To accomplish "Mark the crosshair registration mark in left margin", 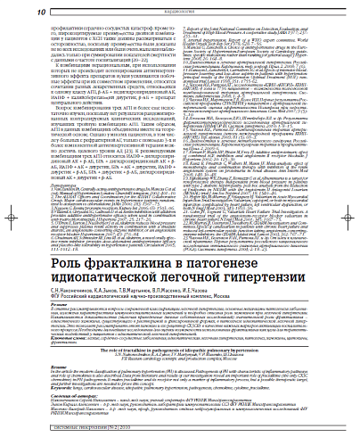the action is pos(7,218).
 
